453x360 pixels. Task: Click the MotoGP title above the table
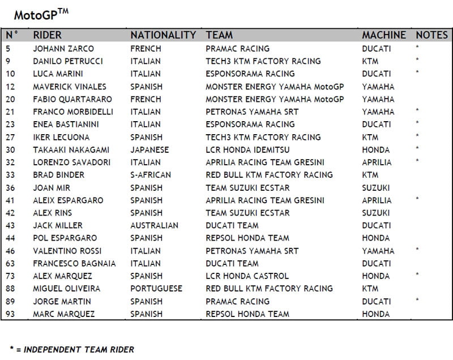point(41,14)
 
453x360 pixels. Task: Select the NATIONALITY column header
point(163,35)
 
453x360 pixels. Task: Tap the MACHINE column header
point(384,35)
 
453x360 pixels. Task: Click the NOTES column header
point(431,35)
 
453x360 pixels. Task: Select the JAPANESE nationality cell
point(149,149)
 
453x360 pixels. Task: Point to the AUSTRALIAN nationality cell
point(154,225)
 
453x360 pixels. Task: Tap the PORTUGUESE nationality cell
point(156,289)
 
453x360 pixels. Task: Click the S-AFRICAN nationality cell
point(151,175)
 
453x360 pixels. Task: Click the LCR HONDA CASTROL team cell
point(247,276)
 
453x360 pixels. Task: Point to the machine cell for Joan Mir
point(376,187)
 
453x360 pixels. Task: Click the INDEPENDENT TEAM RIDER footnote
point(72,349)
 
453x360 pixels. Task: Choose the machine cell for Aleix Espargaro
point(377,200)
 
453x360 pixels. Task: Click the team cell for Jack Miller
point(232,225)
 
